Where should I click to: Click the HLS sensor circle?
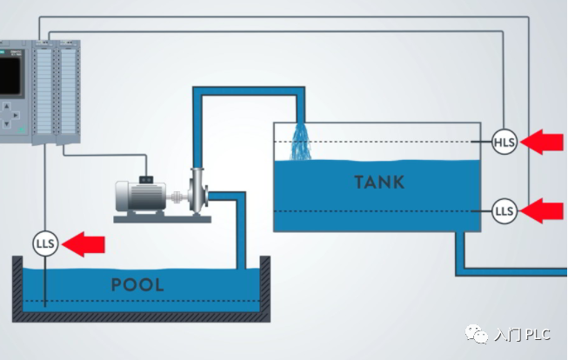pyautogui.click(x=505, y=142)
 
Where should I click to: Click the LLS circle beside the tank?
pyautogui.click(x=505, y=210)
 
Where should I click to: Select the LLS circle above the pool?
pyautogui.click(x=45, y=244)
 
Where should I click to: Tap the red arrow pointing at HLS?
pyautogui.click(x=546, y=142)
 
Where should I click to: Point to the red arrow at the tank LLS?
pyautogui.click(x=546, y=210)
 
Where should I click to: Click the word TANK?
pyautogui.click(x=379, y=183)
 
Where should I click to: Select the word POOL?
pyautogui.click(x=137, y=284)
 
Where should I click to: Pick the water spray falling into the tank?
pyautogui.click(x=301, y=143)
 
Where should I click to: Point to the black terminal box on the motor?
pyautogui.click(x=147, y=179)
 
